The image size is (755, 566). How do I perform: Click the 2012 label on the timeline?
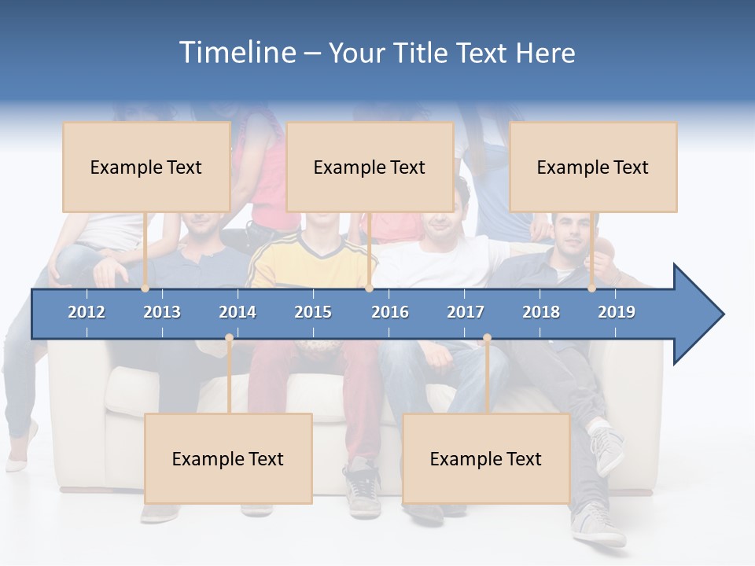coord(87,312)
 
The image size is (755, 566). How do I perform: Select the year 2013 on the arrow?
coord(162,312)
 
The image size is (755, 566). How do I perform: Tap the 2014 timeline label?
coord(238,312)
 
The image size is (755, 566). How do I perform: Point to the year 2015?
coord(313,312)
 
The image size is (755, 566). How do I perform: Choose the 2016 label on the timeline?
coord(390,312)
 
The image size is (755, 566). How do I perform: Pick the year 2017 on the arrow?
coord(466,312)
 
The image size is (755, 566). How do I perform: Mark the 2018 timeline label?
coord(541,312)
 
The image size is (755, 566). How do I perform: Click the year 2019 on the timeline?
coord(617,312)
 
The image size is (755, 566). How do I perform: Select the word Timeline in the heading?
coord(237,53)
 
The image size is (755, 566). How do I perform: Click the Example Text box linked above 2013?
coord(146,167)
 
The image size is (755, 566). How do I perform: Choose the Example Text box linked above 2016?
coord(370,167)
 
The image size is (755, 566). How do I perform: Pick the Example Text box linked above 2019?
coord(593,167)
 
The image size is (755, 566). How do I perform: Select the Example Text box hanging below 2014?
coord(228,458)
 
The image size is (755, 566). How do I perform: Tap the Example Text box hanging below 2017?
coord(486,458)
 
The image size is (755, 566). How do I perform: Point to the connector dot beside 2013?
coord(145,289)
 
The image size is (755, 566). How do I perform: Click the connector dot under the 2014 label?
coord(229,338)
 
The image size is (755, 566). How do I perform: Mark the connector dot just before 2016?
coord(369,289)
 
